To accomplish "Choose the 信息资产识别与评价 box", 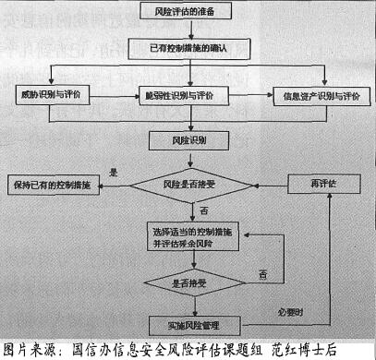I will (320, 96).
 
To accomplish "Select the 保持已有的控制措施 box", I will (50, 185).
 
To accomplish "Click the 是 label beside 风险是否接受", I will (113, 173).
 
